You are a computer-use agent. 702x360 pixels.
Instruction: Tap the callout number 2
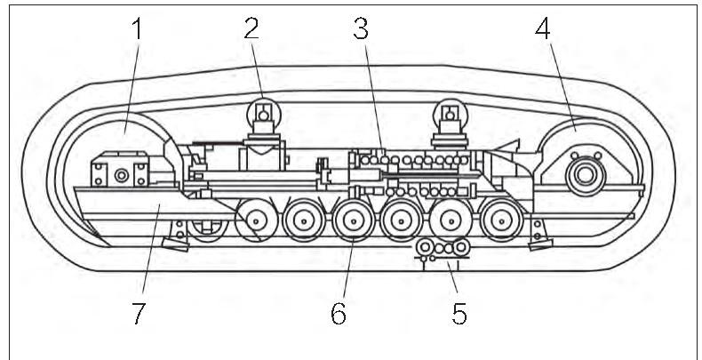(251, 30)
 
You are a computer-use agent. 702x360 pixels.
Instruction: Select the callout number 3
(360, 30)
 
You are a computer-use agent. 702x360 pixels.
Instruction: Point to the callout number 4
(543, 30)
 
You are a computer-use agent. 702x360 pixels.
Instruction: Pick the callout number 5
(459, 314)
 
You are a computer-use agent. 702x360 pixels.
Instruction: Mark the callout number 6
(339, 314)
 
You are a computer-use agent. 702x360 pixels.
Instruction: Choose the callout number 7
(137, 314)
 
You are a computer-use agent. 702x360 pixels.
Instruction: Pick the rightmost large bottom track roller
(501, 220)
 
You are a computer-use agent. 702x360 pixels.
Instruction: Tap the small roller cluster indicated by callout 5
(443, 248)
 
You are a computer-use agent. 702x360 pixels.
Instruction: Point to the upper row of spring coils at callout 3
(413, 161)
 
